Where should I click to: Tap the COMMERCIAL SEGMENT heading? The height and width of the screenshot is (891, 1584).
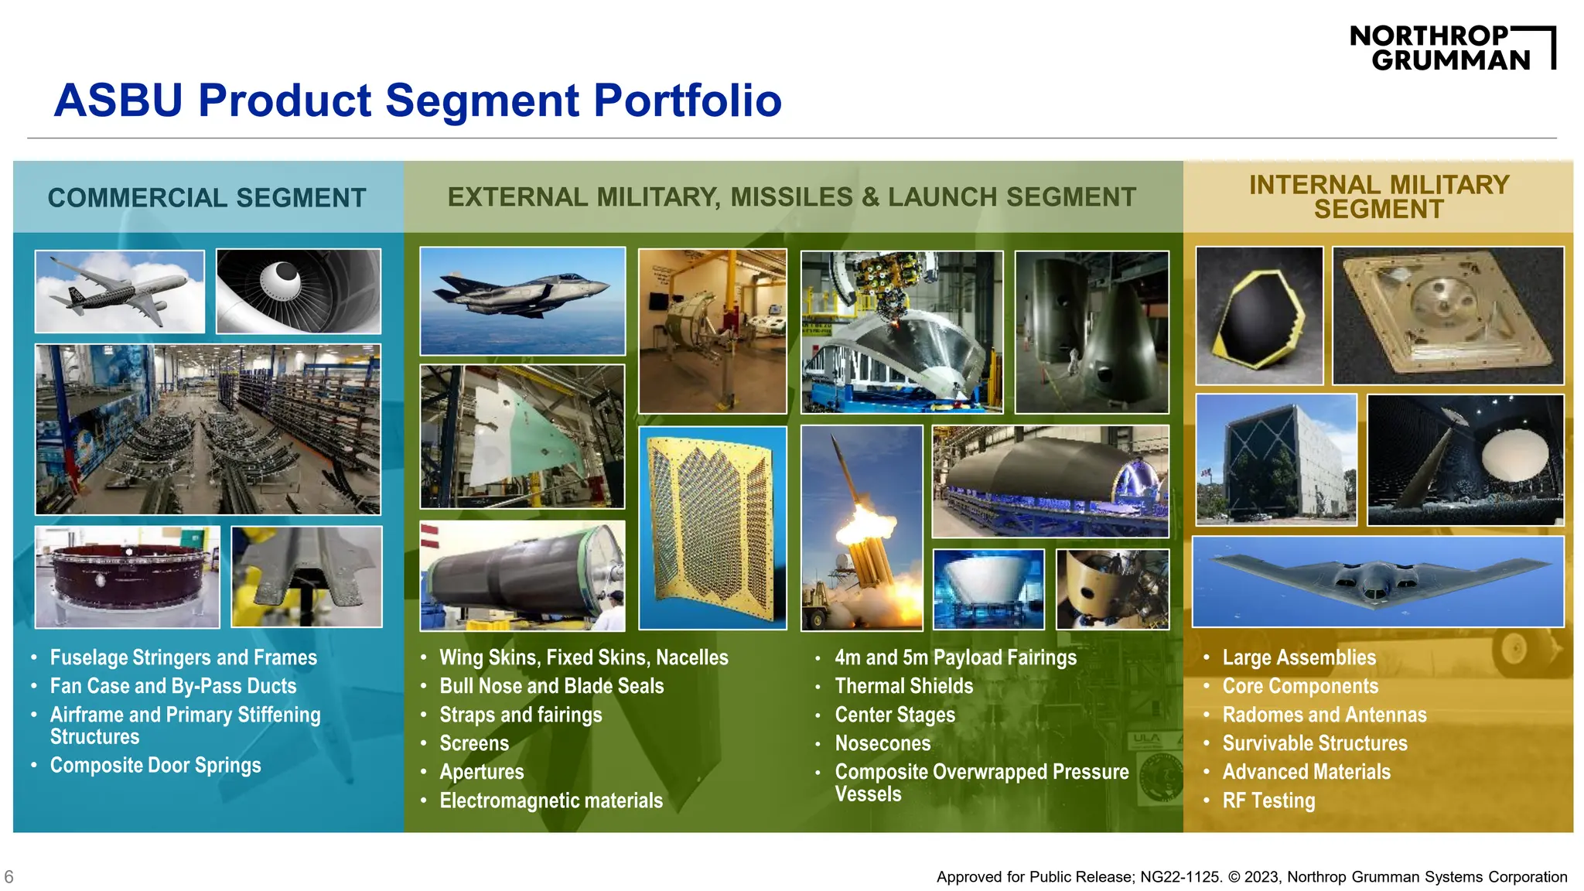(x=207, y=198)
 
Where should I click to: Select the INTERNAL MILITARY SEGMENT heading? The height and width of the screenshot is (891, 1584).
(x=1378, y=196)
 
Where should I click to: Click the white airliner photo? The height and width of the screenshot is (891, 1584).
(x=120, y=292)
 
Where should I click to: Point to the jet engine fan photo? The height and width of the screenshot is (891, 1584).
(x=299, y=291)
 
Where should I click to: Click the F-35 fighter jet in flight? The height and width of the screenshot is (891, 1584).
(x=522, y=300)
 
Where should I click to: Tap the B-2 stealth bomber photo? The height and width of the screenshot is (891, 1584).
(x=1377, y=581)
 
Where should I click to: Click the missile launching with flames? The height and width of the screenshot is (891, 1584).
(x=862, y=527)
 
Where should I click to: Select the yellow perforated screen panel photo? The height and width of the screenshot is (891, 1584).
(x=712, y=527)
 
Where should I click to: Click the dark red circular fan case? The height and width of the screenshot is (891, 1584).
(x=128, y=576)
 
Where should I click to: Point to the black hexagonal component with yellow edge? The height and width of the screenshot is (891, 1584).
(x=1259, y=316)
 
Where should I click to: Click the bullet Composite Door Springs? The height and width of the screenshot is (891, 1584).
(x=155, y=765)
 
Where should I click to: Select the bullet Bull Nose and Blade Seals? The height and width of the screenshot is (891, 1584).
(x=551, y=686)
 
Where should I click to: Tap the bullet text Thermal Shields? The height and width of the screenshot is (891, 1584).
(x=903, y=686)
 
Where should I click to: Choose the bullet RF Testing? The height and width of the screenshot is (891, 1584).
(x=1268, y=801)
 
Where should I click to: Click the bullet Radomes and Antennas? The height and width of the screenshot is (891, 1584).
(x=1324, y=715)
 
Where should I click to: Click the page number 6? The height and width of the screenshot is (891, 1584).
(x=9, y=876)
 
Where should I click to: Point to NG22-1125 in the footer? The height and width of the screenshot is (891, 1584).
(x=1180, y=877)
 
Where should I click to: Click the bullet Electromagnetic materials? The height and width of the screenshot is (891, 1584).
(x=551, y=801)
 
